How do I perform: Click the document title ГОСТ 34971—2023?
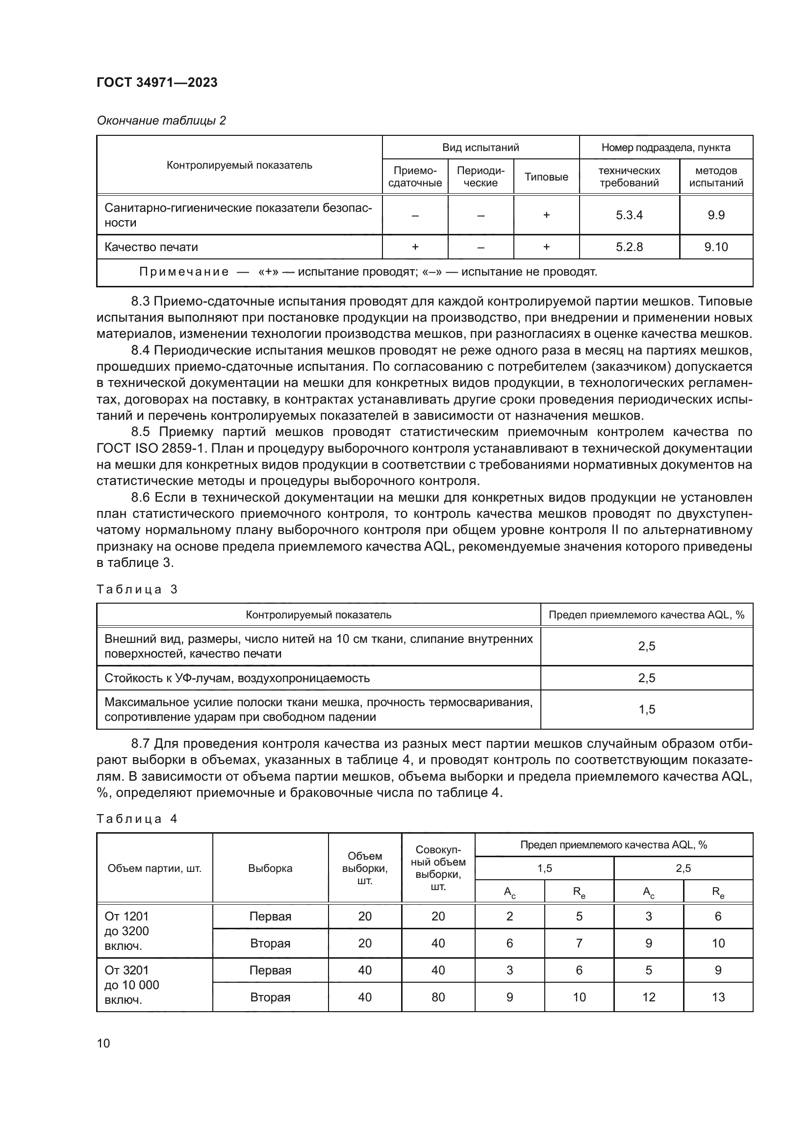tap(157, 83)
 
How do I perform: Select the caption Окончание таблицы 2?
tap(161, 121)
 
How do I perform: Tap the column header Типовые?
tap(546, 177)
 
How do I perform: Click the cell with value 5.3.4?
tap(629, 215)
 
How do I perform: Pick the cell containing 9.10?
tap(715, 247)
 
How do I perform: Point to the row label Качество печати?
tap(151, 247)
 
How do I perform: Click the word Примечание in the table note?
tap(183, 272)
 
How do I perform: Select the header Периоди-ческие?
tap(481, 177)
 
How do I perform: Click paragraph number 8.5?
tap(142, 432)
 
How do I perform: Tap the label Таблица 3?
tap(137, 589)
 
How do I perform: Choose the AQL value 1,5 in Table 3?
tap(646, 710)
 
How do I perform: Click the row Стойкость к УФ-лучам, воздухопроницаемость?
tap(237, 678)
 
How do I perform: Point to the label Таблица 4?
tap(137, 819)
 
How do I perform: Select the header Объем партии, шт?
tap(154, 868)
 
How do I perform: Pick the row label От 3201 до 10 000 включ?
tap(131, 985)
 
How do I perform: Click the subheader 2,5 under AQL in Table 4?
tap(683, 868)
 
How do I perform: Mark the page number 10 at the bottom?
tap(103, 1043)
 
